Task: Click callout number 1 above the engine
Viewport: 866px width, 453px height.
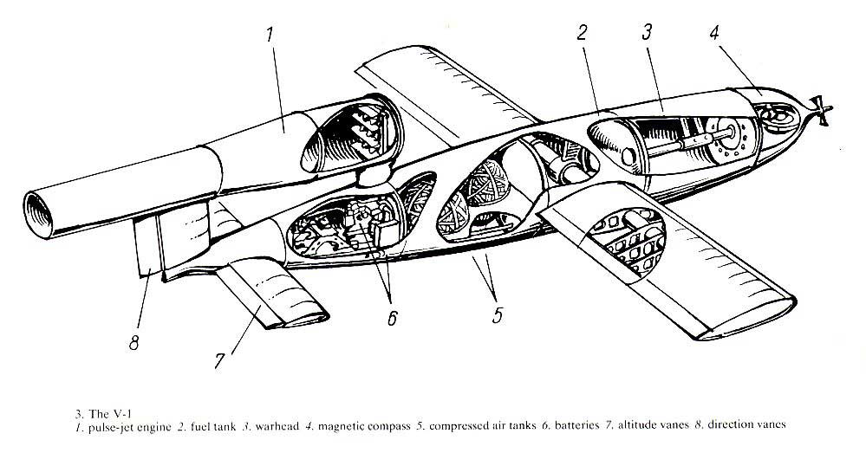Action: [x=270, y=35]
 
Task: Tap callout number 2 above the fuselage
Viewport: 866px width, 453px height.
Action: [x=581, y=33]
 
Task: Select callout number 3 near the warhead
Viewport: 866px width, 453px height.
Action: [x=647, y=32]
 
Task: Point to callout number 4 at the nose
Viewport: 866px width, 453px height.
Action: [x=714, y=32]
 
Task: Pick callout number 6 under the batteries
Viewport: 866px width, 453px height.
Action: [x=392, y=318]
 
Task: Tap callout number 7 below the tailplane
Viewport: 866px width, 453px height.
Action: [x=219, y=361]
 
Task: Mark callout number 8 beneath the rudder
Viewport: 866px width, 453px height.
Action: [x=133, y=343]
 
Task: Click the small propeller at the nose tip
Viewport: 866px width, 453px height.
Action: [x=822, y=109]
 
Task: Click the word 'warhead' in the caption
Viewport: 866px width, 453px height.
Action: [x=277, y=426]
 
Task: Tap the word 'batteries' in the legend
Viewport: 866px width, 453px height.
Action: [x=577, y=425]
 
